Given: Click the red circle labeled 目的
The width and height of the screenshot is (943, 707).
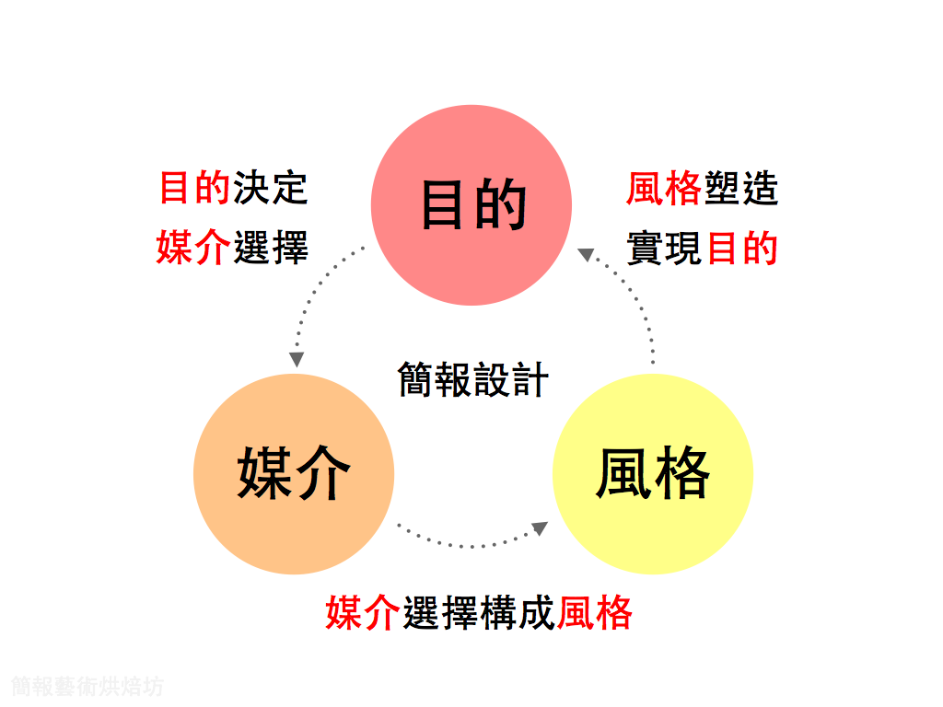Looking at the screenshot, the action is [x=471, y=204].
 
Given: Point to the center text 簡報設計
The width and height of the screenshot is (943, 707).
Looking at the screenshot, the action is [x=472, y=379].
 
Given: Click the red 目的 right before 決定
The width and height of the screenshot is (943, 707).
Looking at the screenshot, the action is [x=194, y=188].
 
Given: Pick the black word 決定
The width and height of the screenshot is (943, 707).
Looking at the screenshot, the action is [x=270, y=188].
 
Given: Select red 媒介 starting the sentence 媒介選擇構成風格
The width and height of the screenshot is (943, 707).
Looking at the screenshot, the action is [x=364, y=613].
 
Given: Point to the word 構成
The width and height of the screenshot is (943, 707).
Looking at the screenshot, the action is [x=518, y=613].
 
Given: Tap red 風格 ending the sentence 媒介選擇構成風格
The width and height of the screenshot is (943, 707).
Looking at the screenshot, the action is [x=595, y=613].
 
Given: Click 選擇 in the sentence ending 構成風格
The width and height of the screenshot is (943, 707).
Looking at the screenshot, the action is [x=440, y=613].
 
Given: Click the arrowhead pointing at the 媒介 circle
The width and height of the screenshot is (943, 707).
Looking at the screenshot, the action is [x=297, y=359].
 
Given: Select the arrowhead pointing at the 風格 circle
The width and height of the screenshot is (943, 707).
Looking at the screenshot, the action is [x=540, y=528].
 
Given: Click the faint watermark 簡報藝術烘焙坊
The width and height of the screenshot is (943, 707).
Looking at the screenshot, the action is [x=87, y=686].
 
